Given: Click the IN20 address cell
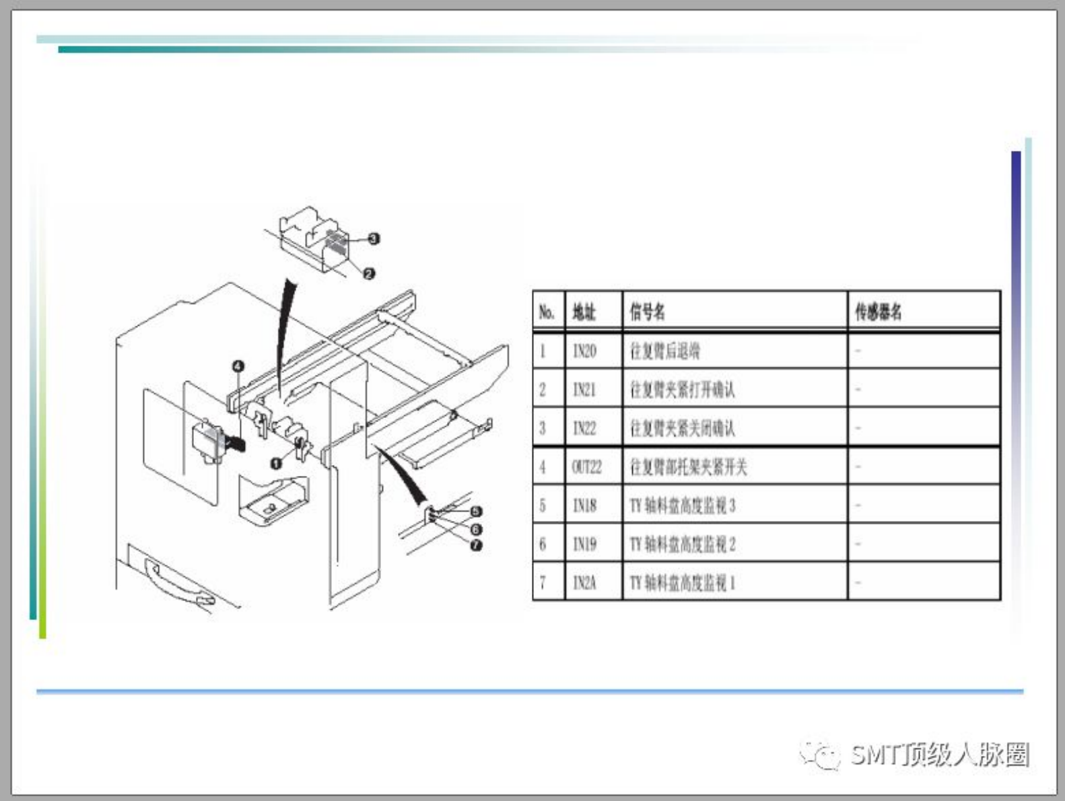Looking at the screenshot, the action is [584, 351].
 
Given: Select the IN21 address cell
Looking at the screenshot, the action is [584, 390].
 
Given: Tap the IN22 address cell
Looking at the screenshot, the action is [584, 428].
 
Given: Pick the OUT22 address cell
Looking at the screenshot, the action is [586, 467].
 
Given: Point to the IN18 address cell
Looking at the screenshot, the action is [584, 506].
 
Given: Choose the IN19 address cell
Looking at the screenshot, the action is [584, 544].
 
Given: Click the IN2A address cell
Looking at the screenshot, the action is [584, 582].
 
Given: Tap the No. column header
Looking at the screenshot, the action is [547, 312].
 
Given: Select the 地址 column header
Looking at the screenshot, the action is [584, 312].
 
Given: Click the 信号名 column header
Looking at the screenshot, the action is [647, 312].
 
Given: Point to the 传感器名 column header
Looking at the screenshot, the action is [878, 312].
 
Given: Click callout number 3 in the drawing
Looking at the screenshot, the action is [374, 238].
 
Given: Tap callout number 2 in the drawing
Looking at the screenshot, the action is [369, 273].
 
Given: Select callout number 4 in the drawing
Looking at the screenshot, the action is [238, 366].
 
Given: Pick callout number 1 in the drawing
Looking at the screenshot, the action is [275, 462].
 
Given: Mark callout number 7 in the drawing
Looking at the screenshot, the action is [476, 545].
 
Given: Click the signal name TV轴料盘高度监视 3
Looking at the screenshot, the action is [682, 506].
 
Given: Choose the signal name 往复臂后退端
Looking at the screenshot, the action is [664, 351].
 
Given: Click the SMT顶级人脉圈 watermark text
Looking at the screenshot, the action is [939, 755].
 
